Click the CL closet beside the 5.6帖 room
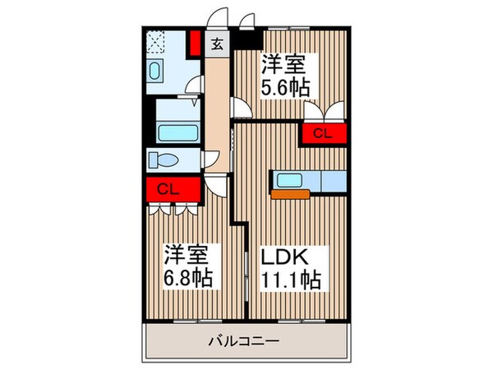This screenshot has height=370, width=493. click(x=323, y=132)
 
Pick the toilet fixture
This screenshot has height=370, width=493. click(x=164, y=159)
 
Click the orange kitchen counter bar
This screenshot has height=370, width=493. click(x=289, y=195)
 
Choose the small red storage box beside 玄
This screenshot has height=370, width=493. click(x=194, y=42)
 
